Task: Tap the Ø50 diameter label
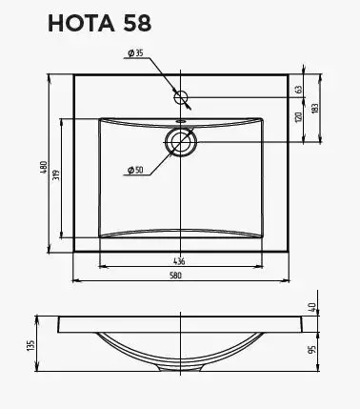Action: point(134,170)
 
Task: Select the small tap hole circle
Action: point(181,96)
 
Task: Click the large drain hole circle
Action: point(180,142)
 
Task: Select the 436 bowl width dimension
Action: point(178,261)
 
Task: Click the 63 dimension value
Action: point(298,89)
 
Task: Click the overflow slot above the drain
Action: point(180,122)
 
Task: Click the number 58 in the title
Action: point(132,23)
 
